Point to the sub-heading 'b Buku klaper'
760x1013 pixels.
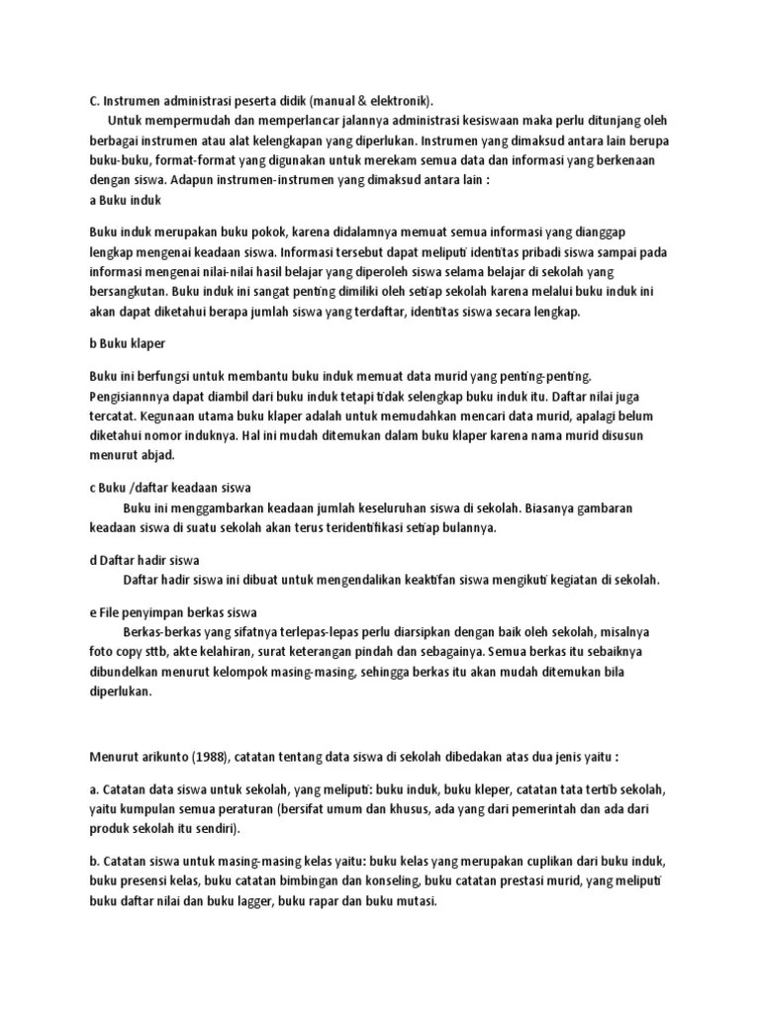[x=127, y=342]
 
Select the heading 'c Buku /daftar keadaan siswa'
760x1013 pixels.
[x=170, y=488]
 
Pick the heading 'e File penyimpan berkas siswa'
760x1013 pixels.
[x=173, y=612]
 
